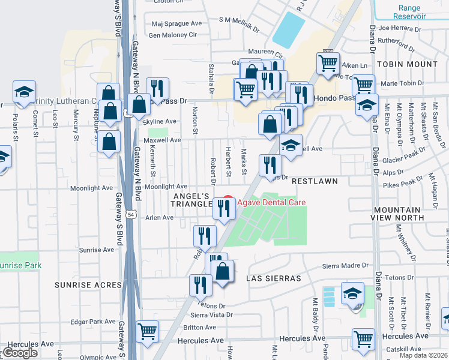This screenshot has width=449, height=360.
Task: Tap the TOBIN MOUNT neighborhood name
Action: click(x=408, y=64)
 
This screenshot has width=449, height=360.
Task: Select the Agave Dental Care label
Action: click(x=271, y=202)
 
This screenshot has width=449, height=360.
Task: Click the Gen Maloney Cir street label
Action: click(x=172, y=35)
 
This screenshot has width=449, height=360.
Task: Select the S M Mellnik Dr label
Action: click(x=239, y=20)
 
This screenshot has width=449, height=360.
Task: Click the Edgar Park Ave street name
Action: click(x=92, y=322)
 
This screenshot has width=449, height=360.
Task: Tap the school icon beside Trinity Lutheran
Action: click(x=24, y=92)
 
